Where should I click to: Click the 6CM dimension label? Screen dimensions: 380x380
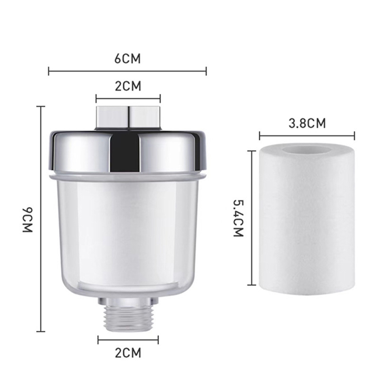128,59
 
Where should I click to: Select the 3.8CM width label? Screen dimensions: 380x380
307,123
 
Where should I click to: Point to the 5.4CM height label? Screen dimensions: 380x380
238,219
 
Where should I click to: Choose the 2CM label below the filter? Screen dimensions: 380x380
128,353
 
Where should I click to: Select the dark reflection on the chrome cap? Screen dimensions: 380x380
125,152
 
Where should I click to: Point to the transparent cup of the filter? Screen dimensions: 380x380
128,235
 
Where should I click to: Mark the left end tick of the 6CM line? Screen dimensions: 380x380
49,71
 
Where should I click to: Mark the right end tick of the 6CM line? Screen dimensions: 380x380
206,71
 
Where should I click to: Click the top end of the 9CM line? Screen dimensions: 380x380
41,107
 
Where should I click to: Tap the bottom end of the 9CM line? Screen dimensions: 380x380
41,331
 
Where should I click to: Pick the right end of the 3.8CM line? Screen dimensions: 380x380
354,136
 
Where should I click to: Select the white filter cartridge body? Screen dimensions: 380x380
307,228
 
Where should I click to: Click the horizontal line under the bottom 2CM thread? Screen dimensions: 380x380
128,340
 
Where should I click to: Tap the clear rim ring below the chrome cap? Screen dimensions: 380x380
128,177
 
